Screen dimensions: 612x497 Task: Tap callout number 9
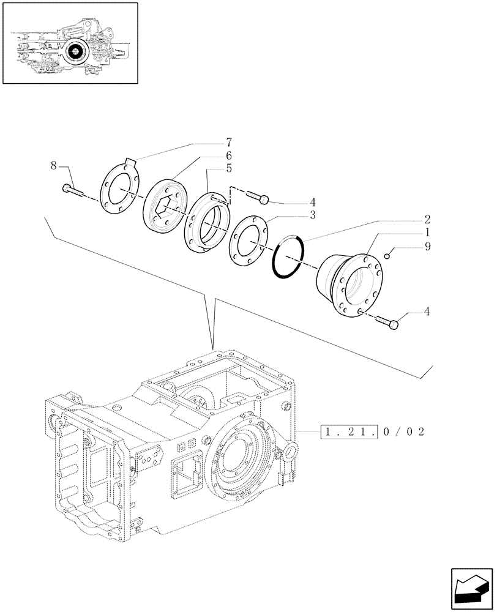[x=427, y=247]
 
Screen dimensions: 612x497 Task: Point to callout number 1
[x=427, y=233]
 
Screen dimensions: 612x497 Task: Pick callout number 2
[x=427, y=218]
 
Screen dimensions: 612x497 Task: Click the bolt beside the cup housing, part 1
[x=388, y=321]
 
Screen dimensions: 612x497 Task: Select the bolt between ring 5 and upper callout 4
[x=258, y=196]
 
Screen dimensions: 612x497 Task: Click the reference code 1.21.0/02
[x=372, y=431]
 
